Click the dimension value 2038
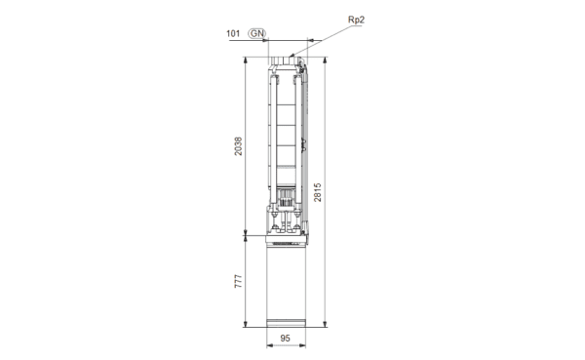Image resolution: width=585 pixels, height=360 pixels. pyautogui.click(x=238, y=146)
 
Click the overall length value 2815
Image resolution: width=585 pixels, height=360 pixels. pyautogui.click(x=317, y=192)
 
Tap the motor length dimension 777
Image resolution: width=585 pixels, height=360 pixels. pyautogui.click(x=238, y=281)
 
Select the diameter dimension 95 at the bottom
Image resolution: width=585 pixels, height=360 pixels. pyautogui.click(x=285, y=339)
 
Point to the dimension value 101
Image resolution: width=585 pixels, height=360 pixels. pyautogui.click(x=233, y=33)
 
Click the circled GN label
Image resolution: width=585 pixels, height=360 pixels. pyautogui.click(x=257, y=33)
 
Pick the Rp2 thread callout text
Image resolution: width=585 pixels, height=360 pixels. pyautogui.click(x=356, y=20)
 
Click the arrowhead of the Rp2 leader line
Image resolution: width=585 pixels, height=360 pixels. pyautogui.click(x=292, y=56)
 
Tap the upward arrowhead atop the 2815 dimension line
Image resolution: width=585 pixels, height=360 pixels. pyautogui.click(x=325, y=60)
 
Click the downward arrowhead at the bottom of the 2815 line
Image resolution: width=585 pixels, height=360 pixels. pyautogui.click(x=325, y=324)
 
